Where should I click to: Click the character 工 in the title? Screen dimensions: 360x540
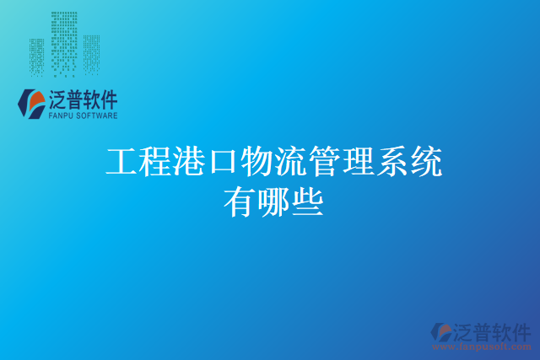pos(122,161)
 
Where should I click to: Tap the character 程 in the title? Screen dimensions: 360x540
pos(156,161)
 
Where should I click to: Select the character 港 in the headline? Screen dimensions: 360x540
pos(190,161)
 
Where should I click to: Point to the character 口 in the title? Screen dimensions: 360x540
pos(224,161)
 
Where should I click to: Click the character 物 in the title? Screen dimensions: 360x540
pos(257,161)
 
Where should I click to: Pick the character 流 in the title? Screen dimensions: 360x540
pos(291,161)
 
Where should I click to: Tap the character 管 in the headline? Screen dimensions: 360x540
pos(325,161)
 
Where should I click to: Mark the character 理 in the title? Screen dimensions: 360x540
pos(359,161)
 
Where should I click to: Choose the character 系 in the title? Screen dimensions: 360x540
pos(392,161)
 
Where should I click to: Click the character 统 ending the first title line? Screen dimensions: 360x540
pos(426,161)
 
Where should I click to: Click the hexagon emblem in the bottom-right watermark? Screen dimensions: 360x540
pos(443,332)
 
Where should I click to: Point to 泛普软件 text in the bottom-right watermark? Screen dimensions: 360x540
pos(494,330)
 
